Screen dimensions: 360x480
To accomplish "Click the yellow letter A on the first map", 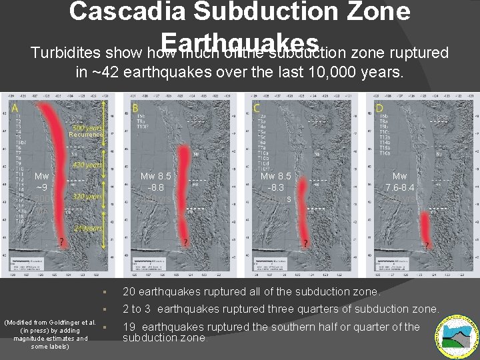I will tap(15, 109).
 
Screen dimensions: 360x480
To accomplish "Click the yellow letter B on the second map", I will tap(136, 109).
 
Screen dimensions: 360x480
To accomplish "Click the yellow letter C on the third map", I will tap(257, 109).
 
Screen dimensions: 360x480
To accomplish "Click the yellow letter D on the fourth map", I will tap(379, 109).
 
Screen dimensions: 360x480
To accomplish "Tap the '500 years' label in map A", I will tap(87, 128).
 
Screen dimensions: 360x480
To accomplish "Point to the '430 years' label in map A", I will tap(87, 165).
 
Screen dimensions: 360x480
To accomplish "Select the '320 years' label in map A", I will tap(87, 198).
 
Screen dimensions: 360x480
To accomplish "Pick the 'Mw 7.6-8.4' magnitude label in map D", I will tap(400, 182).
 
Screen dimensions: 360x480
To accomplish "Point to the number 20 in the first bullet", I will tap(130, 291).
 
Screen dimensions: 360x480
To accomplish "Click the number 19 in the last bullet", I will tap(130, 327).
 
